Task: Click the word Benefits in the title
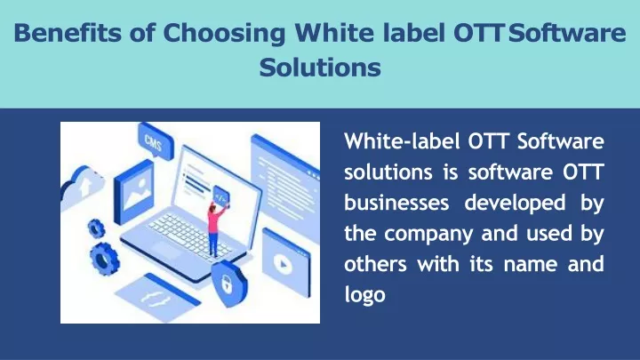point(68,33)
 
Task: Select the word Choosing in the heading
point(225,34)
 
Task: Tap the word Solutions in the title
point(320,68)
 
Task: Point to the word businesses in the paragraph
point(396,202)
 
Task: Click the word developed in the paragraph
point(515,203)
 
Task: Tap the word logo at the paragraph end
point(365,295)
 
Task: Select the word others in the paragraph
point(375,264)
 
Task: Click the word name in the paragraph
point(530,265)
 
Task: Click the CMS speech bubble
point(156,141)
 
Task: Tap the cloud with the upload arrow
point(82,187)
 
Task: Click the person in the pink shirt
point(215,228)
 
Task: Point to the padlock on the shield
point(226,284)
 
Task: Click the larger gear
point(105,258)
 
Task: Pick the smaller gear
point(96,229)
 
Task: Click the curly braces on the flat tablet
point(156,300)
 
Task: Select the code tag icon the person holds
point(220,197)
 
